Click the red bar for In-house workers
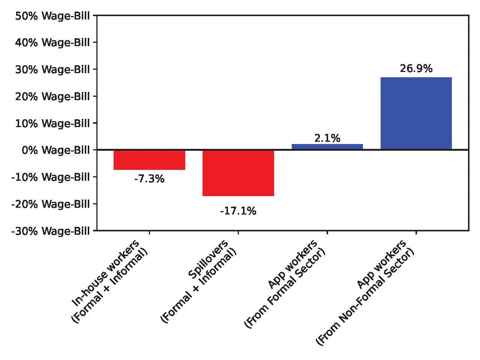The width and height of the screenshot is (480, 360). (x=149, y=160)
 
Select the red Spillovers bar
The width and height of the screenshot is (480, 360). (x=238, y=173)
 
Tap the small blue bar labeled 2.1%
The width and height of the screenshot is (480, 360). (x=327, y=147)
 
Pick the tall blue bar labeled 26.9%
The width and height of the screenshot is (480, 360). (x=416, y=113)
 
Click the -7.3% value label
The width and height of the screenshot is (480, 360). (x=149, y=179)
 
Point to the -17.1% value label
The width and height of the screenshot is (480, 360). (x=238, y=211)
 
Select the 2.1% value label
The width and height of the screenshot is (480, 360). (x=327, y=138)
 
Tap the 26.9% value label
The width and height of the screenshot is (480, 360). (x=416, y=69)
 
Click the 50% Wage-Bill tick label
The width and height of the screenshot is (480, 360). (x=52, y=16)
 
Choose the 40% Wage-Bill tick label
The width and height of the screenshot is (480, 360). (x=52, y=43)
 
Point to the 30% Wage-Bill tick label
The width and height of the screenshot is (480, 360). (x=52, y=70)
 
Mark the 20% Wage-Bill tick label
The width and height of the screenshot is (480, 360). (x=52, y=97)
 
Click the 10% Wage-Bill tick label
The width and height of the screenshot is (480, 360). (x=52, y=123)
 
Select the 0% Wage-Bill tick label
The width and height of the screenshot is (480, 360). (x=55, y=150)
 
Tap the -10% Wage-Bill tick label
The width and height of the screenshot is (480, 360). (x=51, y=177)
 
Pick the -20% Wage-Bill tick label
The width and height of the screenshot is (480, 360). (x=51, y=204)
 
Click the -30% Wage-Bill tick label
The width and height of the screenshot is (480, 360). (x=51, y=231)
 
